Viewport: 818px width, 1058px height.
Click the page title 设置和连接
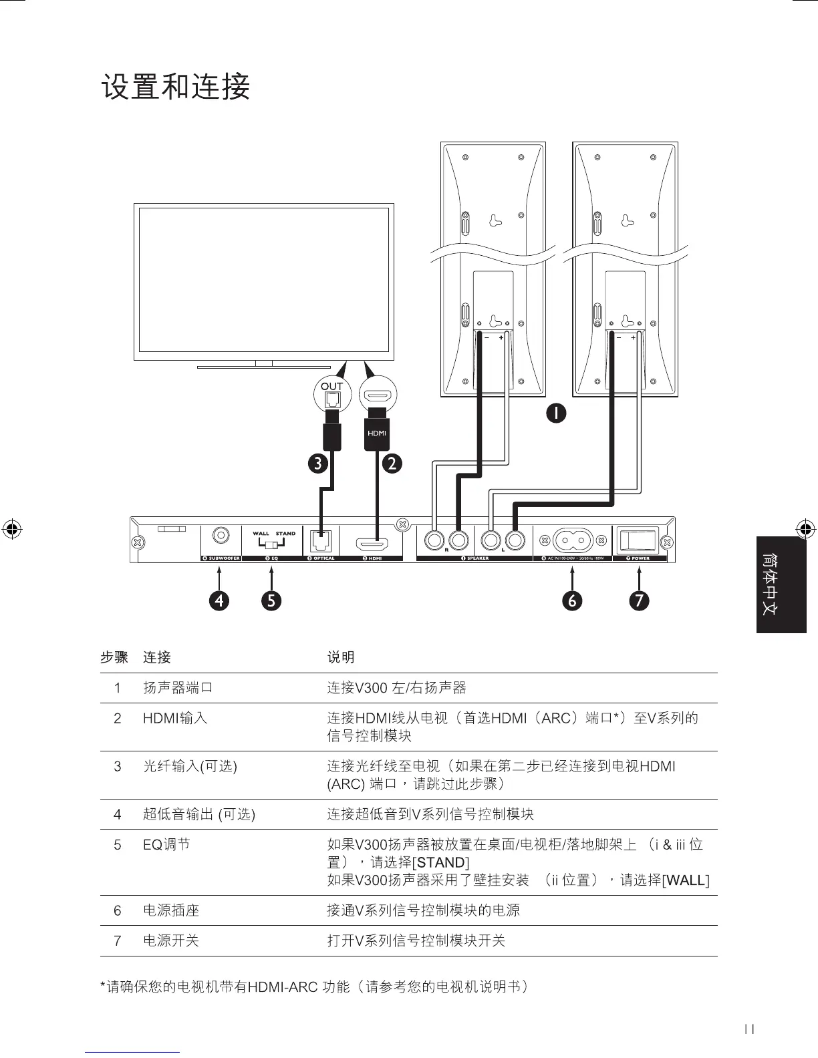(x=176, y=87)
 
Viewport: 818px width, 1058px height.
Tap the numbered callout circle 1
(x=555, y=413)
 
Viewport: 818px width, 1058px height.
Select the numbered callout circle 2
(x=393, y=463)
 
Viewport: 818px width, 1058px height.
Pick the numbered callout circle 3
(x=317, y=463)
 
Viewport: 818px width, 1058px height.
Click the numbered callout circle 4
(x=219, y=600)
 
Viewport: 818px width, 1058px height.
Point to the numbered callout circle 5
(x=271, y=600)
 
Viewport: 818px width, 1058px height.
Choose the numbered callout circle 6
(x=572, y=600)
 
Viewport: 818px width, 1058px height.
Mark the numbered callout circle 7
(x=640, y=600)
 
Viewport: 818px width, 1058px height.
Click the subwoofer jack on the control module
(x=220, y=536)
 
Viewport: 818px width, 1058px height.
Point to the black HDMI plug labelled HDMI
(x=377, y=433)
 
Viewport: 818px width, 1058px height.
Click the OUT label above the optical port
(x=331, y=386)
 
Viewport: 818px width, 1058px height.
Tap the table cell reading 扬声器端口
(x=178, y=687)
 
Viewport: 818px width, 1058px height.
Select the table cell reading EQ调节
(x=166, y=845)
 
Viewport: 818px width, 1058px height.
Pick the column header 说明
(x=341, y=657)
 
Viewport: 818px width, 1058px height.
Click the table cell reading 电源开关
(x=171, y=940)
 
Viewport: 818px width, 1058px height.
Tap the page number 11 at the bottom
(x=749, y=1030)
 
